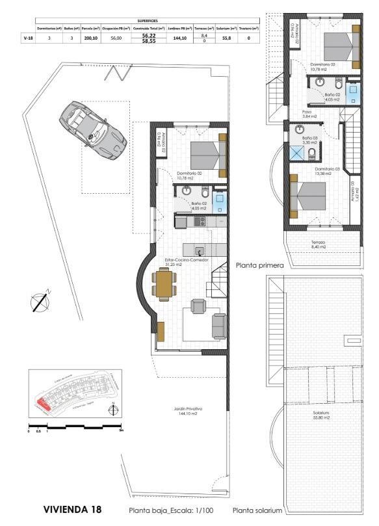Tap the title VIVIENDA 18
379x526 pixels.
tap(72, 509)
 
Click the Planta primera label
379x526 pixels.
tap(261, 265)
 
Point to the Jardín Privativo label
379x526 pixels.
tap(188, 411)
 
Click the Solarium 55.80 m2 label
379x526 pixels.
tap(320, 415)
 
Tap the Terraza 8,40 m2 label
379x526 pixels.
tap(318, 244)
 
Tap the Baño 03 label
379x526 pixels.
tap(310, 139)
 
